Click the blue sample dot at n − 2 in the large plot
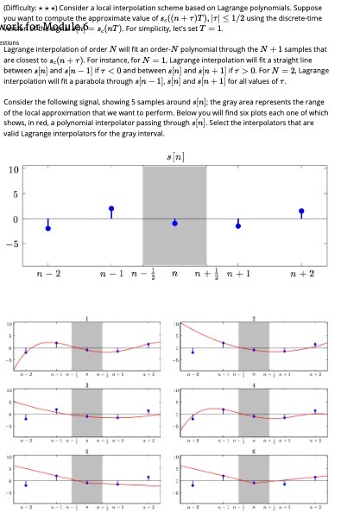(48, 228)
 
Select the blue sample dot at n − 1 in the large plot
(111, 209)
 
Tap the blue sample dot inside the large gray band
(175, 223)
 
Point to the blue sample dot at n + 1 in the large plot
(238, 225)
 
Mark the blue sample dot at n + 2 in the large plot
(301, 211)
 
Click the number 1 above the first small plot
(87, 319)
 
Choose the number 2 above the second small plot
(254, 319)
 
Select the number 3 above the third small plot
(87, 384)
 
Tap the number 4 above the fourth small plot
(254, 384)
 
